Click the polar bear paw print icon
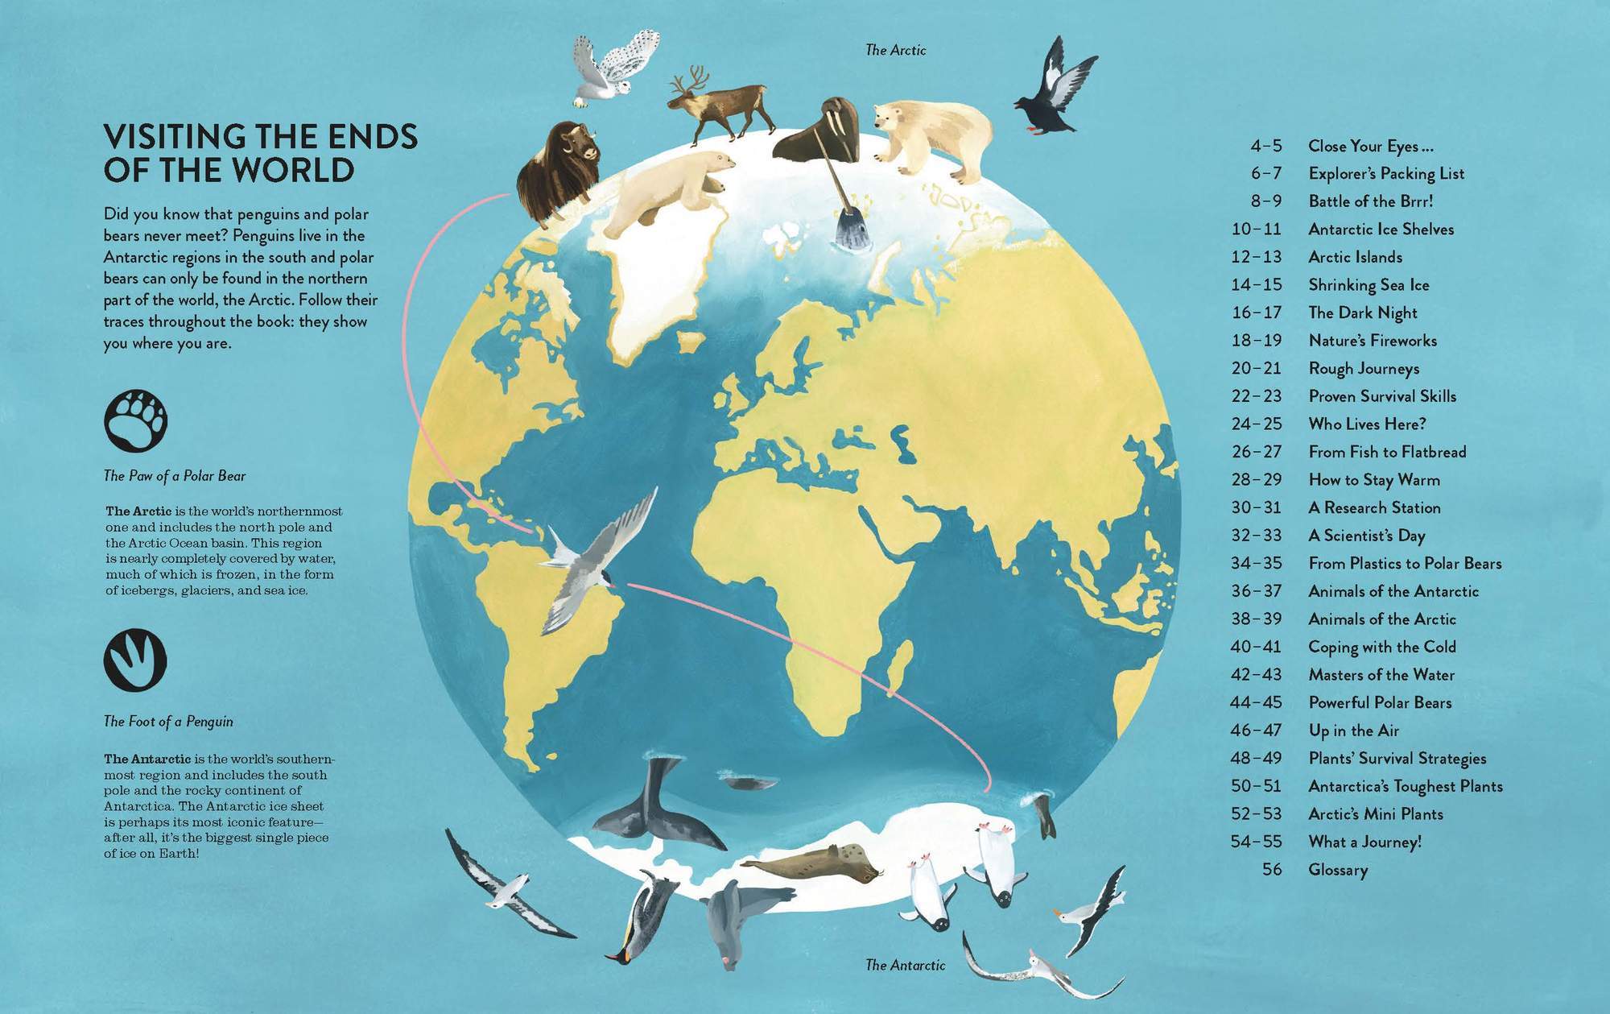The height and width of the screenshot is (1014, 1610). coord(135,420)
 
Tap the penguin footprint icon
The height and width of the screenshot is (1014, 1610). coord(135,660)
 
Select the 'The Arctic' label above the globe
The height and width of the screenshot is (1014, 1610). coord(895,50)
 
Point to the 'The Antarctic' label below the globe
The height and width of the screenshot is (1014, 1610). coord(905,965)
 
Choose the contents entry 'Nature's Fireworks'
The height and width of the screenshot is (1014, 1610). coord(1372,341)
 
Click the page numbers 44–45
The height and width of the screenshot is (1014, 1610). coord(1255,702)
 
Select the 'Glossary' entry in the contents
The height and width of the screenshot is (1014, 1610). coord(1338,870)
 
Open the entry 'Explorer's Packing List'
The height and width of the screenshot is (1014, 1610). coord(1386,173)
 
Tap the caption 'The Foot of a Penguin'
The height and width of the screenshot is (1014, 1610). coord(168,722)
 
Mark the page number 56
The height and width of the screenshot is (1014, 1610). coord(1271,870)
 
